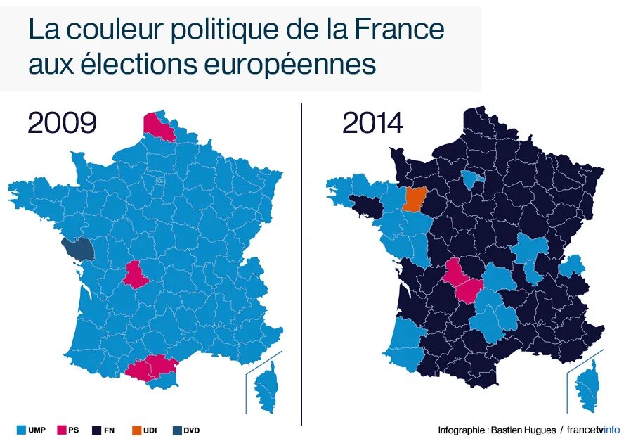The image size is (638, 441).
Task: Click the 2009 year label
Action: (62, 123)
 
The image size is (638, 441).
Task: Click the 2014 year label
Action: (372, 123)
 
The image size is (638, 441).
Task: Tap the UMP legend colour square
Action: (21, 430)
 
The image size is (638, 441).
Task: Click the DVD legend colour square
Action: (176, 430)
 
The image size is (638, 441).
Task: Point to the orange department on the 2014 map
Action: (415, 199)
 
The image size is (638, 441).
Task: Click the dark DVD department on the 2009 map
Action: (77, 249)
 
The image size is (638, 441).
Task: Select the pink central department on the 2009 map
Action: (136, 274)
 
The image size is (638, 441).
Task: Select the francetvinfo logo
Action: (594, 430)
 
